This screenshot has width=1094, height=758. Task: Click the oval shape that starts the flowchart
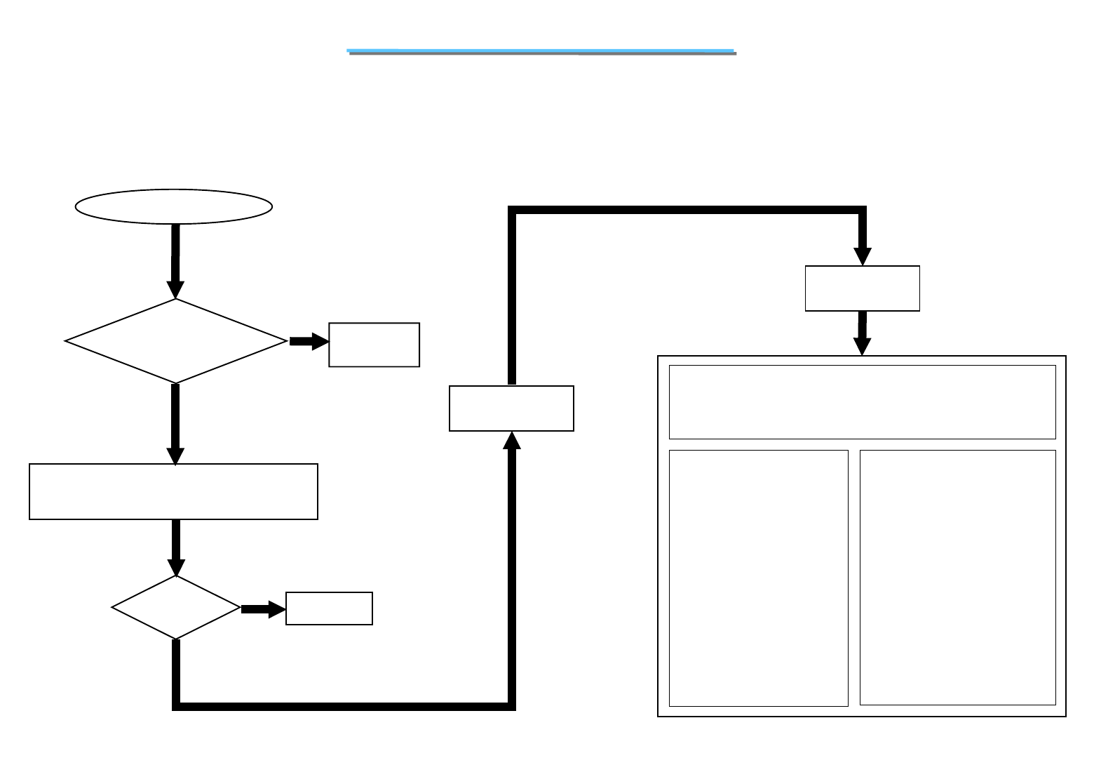click(173, 206)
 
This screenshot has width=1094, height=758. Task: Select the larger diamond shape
click(175, 341)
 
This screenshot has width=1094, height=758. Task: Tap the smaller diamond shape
click(175, 607)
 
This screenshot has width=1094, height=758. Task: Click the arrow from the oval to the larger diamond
click(175, 260)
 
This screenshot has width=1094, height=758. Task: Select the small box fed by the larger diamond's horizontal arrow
click(374, 345)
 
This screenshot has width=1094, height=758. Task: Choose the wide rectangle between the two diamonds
click(173, 491)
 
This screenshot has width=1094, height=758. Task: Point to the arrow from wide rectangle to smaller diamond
click(175, 547)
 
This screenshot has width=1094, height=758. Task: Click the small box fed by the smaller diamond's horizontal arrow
click(329, 609)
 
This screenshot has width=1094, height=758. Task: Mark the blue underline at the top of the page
click(541, 51)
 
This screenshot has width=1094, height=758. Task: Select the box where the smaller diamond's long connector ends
click(511, 408)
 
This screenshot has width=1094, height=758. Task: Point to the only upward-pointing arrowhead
click(512, 440)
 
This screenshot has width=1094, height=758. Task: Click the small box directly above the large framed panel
click(862, 288)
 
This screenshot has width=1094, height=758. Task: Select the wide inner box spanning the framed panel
click(862, 401)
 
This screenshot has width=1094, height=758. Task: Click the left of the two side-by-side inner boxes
click(758, 578)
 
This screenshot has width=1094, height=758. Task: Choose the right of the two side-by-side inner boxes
click(957, 577)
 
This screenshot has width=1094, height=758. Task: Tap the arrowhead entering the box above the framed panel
click(863, 257)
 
